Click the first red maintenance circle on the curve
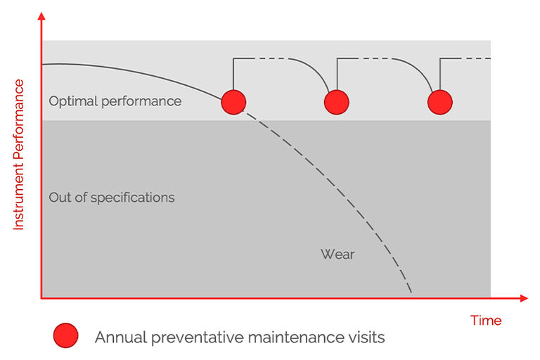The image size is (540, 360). pos(233,102)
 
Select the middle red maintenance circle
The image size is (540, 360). pos(337,102)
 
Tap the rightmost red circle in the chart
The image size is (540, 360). pos(440,102)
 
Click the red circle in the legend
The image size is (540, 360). pos(65,337)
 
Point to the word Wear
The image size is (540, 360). pos(337,254)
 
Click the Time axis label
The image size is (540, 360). pos(486,321)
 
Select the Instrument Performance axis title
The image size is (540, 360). pos(19,155)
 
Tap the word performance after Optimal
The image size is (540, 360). pos(141,101)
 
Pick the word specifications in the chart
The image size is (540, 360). pos(133,198)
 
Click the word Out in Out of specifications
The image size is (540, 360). pos(59,198)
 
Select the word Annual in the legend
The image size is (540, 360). pos(118,337)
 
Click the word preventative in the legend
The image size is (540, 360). pos(188,337)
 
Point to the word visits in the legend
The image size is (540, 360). pos(366,337)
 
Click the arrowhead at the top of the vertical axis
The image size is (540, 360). pos(42,15)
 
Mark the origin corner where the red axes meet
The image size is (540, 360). pos(42,298)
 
